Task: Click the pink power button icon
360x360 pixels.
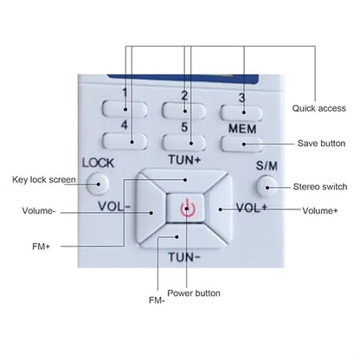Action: pyautogui.click(x=188, y=208)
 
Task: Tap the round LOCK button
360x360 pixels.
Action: pyautogui.click(x=98, y=183)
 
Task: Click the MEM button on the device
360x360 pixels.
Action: pyautogui.click(x=242, y=144)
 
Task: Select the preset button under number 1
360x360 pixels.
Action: pyautogui.click(x=125, y=109)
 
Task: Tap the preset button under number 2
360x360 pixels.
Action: pyautogui.click(x=184, y=111)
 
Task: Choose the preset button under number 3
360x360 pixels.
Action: pyautogui.click(x=241, y=112)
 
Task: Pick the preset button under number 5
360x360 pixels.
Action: pyautogui.click(x=184, y=142)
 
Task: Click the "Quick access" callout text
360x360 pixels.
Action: pyautogui.click(x=318, y=108)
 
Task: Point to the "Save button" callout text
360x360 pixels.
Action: pyautogui.click(x=321, y=144)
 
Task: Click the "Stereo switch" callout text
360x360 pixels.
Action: pyautogui.click(x=320, y=187)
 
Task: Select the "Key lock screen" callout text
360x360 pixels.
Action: pyautogui.click(x=44, y=180)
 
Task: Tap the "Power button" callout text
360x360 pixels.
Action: pyautogui.click(x=194, y=293)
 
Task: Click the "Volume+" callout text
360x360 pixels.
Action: pyautogui.click(x=320, y=210)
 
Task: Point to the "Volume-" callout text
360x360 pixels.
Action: pyautogui.click(x=38, y=210)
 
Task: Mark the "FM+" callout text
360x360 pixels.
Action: pyautogui.click(x=41, y=247)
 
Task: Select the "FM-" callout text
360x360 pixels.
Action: pyautogui.click(x=157, y=300)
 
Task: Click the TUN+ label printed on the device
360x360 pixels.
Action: pyautogui.click(x=184, y=159)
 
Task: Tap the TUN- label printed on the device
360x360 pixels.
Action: pyautogui.click(x=184, y=257)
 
